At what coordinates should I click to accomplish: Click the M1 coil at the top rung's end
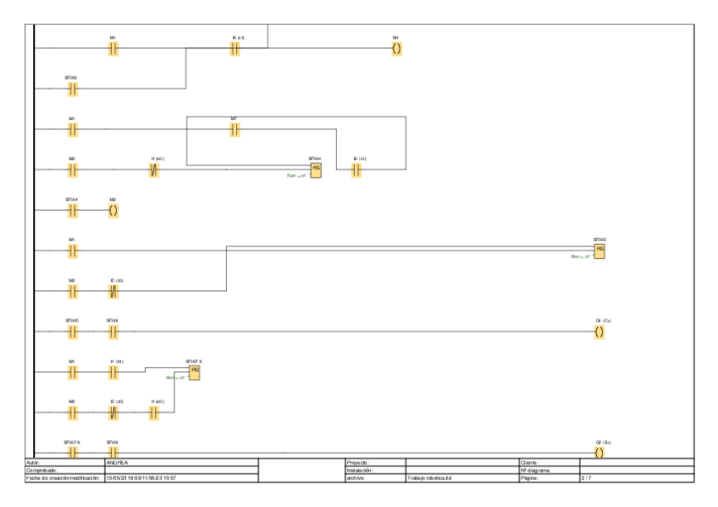point(396,49)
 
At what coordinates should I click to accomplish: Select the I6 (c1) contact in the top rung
point(235,49)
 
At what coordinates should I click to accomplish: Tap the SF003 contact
point(73,88)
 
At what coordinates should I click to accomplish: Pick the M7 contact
point(235,130)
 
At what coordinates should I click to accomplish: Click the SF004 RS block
point(316,169)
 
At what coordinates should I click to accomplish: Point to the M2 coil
point(113,210)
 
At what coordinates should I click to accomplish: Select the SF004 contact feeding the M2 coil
point(73,210)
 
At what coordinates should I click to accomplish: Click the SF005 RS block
point(599,251)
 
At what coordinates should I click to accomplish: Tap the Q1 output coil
point(599,331)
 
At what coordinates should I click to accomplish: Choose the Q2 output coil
point(599,453)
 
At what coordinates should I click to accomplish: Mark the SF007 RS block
point(195,372)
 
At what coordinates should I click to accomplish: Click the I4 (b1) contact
point(113,372)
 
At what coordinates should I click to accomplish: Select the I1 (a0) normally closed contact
point(154,169)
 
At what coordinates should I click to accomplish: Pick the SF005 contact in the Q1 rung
point(73,331)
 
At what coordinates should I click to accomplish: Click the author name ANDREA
point(117,462)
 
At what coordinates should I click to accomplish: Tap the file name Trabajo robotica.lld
point(428,478)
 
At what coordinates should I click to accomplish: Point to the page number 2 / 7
point(585,478)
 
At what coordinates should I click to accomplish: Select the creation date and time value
point(140,478)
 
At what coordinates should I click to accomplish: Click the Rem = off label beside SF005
point(579,256)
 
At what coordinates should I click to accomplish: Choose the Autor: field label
point(34,462)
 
